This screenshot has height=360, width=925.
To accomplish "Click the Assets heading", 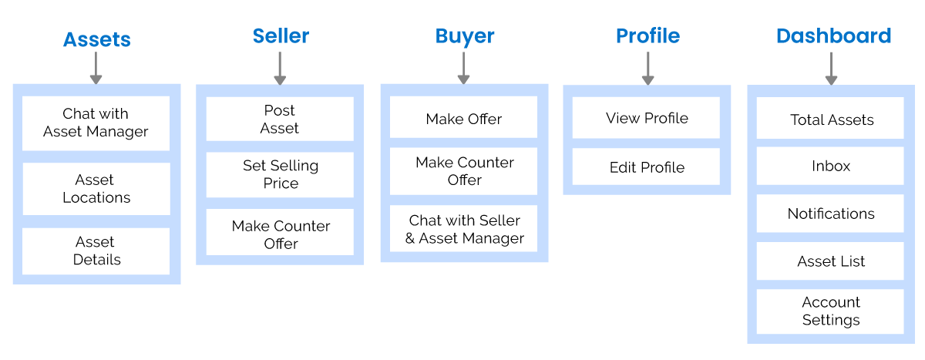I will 96,39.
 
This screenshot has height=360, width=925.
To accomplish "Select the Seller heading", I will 281,35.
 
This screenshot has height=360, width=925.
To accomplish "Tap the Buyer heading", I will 464,36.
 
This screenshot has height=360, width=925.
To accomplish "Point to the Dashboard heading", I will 832,36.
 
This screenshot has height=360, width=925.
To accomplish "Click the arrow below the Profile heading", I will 647,68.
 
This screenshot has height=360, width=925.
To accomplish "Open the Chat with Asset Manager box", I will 96,123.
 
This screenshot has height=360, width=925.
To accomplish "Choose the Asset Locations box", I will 96,189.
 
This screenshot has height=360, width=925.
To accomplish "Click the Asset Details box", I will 96,251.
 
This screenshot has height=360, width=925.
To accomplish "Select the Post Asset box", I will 279,119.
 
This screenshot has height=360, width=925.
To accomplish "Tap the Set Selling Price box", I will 279,174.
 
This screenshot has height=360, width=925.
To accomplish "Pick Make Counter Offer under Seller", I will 279,234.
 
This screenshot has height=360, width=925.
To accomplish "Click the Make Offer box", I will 463,119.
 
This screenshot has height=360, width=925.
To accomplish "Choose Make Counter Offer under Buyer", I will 463,171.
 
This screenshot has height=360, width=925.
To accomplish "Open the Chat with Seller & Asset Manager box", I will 463,230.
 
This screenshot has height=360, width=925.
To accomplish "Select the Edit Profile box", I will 646,167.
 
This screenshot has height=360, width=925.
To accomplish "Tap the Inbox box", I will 830,167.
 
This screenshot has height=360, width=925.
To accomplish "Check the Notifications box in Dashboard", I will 830,214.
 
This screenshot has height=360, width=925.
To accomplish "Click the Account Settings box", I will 830,311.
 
